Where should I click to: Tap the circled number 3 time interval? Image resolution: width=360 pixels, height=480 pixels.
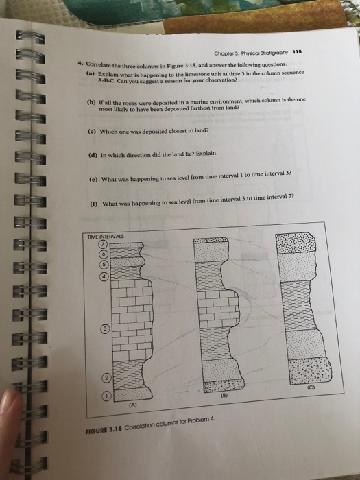pyautogui.click(x=107, y=328)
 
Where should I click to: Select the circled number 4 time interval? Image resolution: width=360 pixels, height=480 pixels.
pyautogui.click(x=104, y=277)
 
